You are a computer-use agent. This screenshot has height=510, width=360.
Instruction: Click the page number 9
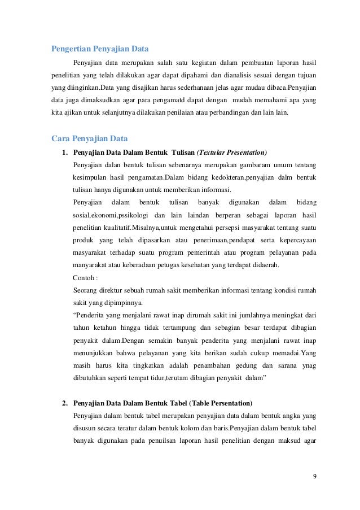point(314,476)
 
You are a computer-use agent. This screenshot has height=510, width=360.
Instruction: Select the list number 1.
point(65,152)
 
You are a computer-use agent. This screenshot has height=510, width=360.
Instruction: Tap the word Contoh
point(84,278)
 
